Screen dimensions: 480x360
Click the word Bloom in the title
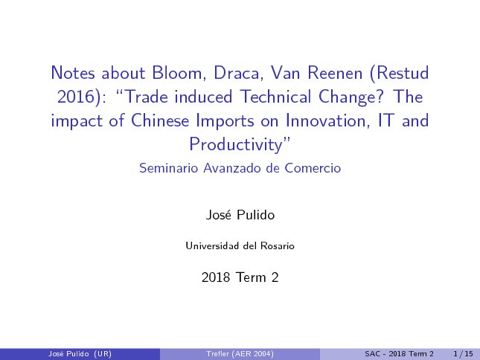(176, 73)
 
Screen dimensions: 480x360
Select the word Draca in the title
(237, 73)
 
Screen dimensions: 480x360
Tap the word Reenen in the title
(335, 73)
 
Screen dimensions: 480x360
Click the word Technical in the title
(275, 97)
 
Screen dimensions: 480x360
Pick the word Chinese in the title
(160, 120)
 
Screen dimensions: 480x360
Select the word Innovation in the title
(325, 120)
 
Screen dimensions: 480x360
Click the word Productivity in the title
(236, 145)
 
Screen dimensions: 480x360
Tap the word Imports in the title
(225, 120)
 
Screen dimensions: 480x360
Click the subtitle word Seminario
(169, 168)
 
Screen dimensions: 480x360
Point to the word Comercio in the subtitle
(313, 168)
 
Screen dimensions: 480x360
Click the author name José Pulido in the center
(240, 215)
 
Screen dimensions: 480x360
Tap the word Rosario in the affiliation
(278, 246)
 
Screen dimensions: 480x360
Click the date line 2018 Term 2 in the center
(240, 277)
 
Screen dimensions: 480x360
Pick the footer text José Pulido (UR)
(80, 354)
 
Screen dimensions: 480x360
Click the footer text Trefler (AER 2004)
(240, 354)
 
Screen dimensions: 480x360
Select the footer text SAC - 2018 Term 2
(399, 354)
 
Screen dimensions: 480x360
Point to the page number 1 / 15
(463, 354)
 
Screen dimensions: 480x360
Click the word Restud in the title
(400, 73)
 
